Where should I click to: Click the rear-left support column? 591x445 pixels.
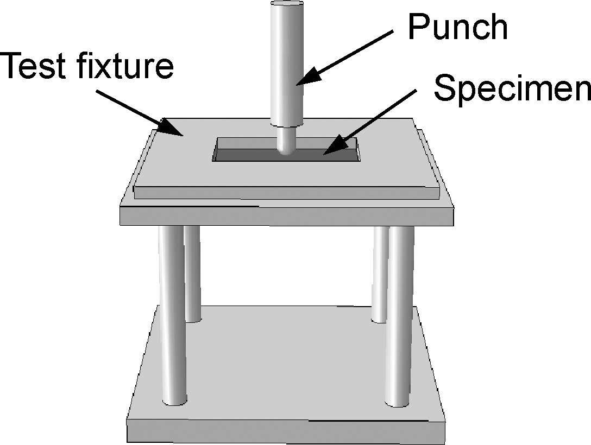(192, 271)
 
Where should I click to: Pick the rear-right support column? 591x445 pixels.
(381, 271)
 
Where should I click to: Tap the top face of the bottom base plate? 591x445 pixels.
(288, 364)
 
